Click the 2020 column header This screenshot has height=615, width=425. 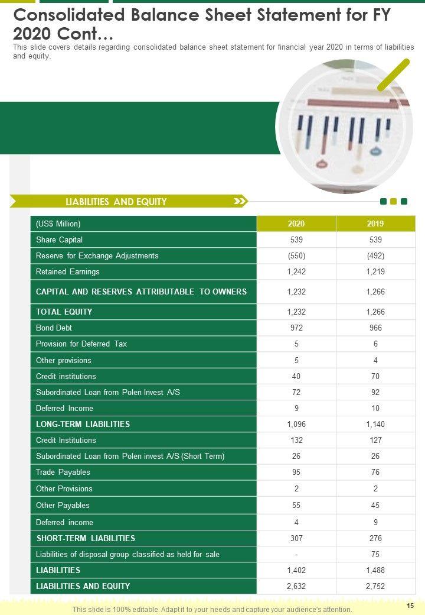tap(296, 224)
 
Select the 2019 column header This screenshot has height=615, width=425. tap(375, 224)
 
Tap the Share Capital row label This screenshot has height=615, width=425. tap(59, 239)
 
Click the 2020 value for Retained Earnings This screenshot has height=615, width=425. tap(296, 272)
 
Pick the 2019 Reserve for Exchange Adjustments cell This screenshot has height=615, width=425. tap(375, 256)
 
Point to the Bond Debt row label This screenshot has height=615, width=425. tap(54, 328)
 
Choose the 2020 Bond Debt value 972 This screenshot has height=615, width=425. tap(296, 328)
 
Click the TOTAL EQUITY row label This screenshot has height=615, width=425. tap(64, 312)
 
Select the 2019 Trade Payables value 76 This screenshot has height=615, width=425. tap(375, 472)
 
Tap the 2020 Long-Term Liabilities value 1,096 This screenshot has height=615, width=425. tap(296, 424)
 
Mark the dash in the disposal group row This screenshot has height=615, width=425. tap(296, 555)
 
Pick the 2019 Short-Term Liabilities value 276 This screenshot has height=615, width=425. tap(375, 539)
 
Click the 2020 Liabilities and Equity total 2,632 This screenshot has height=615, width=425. tap(296, 586)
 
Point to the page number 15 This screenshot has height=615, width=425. tap(410, 606)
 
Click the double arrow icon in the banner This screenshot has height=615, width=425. tap(240, 202)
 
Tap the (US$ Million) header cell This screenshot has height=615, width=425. tap(58, 224)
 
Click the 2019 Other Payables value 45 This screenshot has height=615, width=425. tap(375, 506)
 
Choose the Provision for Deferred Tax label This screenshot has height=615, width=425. tap(81, 344)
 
